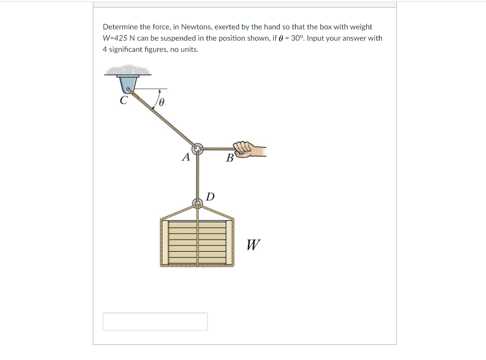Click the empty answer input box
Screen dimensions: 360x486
155,321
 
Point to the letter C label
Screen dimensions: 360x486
123,101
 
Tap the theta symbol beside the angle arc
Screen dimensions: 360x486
161,102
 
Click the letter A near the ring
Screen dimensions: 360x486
186,157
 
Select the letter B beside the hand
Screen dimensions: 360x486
230,158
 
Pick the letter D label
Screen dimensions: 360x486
210,196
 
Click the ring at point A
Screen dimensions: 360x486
198,149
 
